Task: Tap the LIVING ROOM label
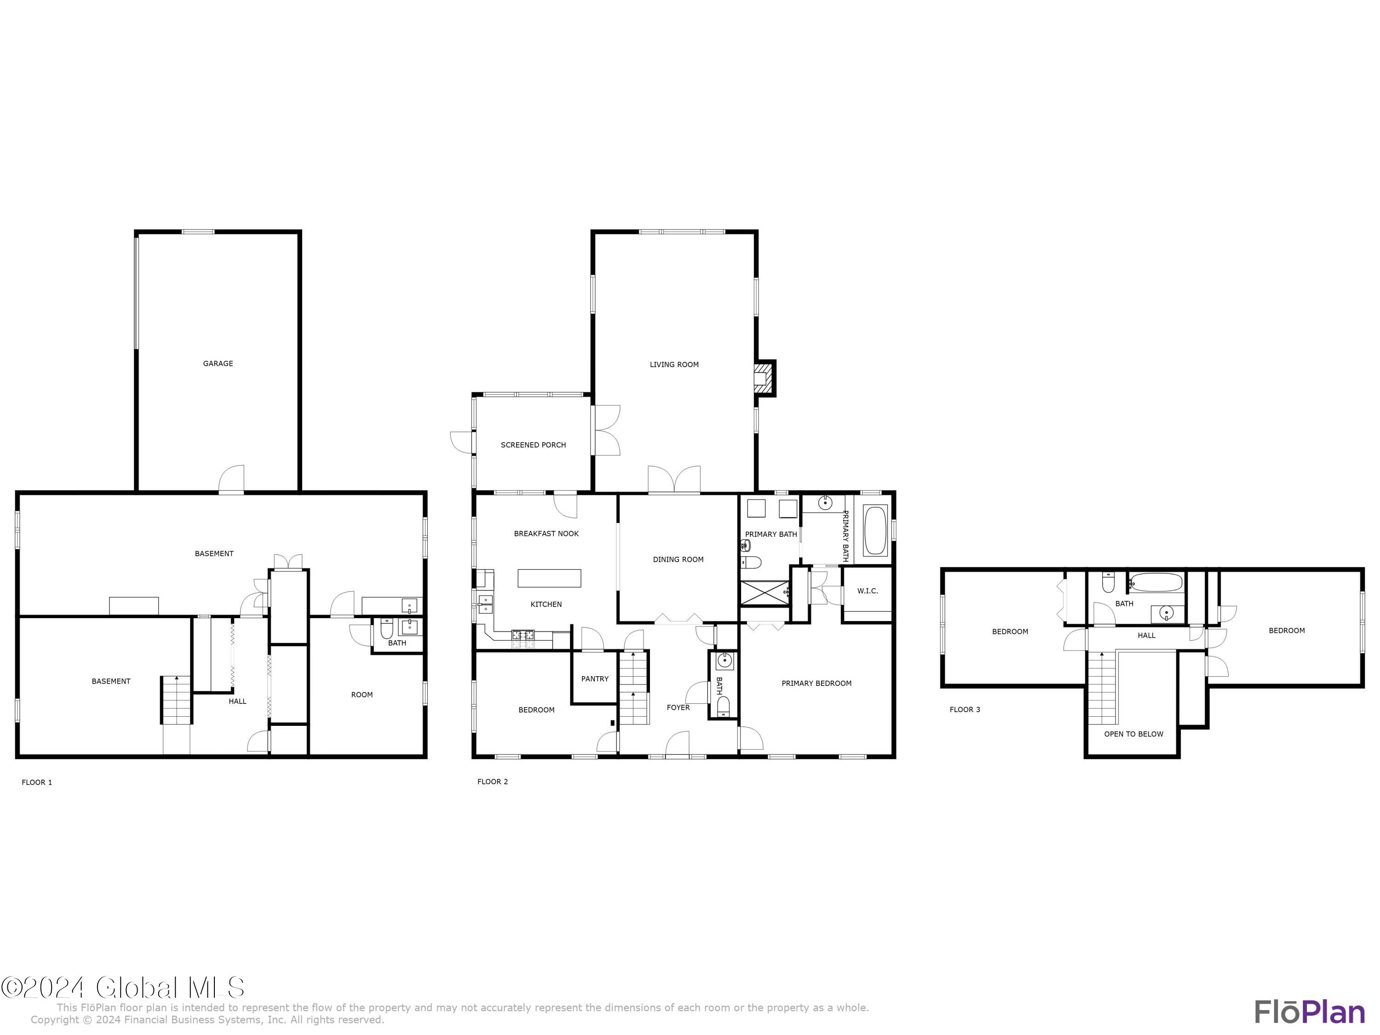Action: (x=674, y=364)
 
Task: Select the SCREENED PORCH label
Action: (x=534, y=445)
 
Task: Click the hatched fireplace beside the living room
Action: (x=762, y=378)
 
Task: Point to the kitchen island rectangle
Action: (x=549, y=578)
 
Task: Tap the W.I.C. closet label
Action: (x=867, y=591)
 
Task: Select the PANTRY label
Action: (x=594, y=679)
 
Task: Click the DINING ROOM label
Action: (x=678, y=560)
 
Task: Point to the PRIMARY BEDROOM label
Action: (x=816, y=683)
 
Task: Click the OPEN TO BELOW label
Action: (x=1133, y=734)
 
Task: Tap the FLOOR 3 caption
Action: (x=965, y=709)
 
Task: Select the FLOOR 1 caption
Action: (x=37, y=782)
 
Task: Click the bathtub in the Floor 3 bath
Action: (x=1156, y=582)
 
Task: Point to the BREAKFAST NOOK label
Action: (x=546, y=534)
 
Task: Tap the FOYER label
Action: (x=678, y=707)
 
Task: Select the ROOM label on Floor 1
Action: (x=362, y=694)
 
